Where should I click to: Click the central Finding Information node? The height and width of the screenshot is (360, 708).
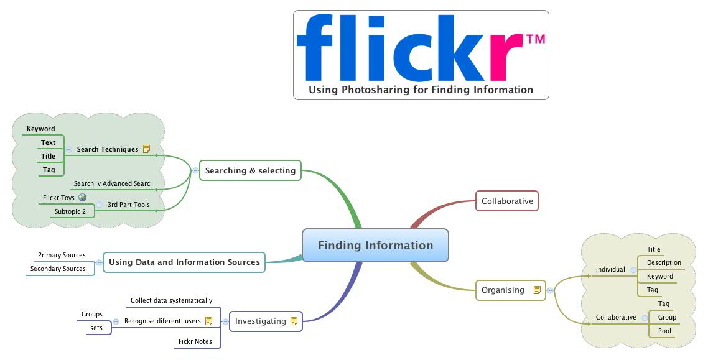pyautogui.click(x=375, y=246)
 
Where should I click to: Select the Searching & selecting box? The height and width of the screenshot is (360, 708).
pyautogui.click(x=250, y=170)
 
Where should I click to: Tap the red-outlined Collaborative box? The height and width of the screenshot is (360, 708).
pyautogui.click(x=507, y=201)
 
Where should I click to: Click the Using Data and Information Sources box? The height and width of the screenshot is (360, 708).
pyautogui.click(x=184, y=262)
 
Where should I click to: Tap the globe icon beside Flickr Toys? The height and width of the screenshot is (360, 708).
pyautogui.click(x=83, y=198)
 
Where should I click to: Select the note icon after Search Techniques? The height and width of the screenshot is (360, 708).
pyautogui.click(x=147, y=149)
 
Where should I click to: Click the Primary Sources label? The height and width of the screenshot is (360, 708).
pyautogui.click(x=62, y=256)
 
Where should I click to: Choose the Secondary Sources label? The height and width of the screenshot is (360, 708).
pyautogui.click(x=58, y=269)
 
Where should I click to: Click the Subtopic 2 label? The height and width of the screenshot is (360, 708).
pyautogui.click(x=70, y=211)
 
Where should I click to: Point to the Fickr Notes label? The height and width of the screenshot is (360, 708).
pyautogui.click(x=195, y=341)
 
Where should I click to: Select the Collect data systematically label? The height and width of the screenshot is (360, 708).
pyautogui.click(x=171, y=301)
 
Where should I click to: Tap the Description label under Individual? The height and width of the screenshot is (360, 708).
pyautogui.click(x=664, y=263)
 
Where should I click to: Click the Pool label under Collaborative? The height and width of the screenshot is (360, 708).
pyautogui.click(x=664, y=331)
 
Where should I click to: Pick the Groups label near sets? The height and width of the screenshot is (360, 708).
pyautogui.click(x=92, y=315)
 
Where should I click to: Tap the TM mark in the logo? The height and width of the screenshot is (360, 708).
pyautogui.click(x=536, y=40)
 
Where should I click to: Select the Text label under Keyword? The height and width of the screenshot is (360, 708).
pyautogui.click(x=49, y=142)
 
